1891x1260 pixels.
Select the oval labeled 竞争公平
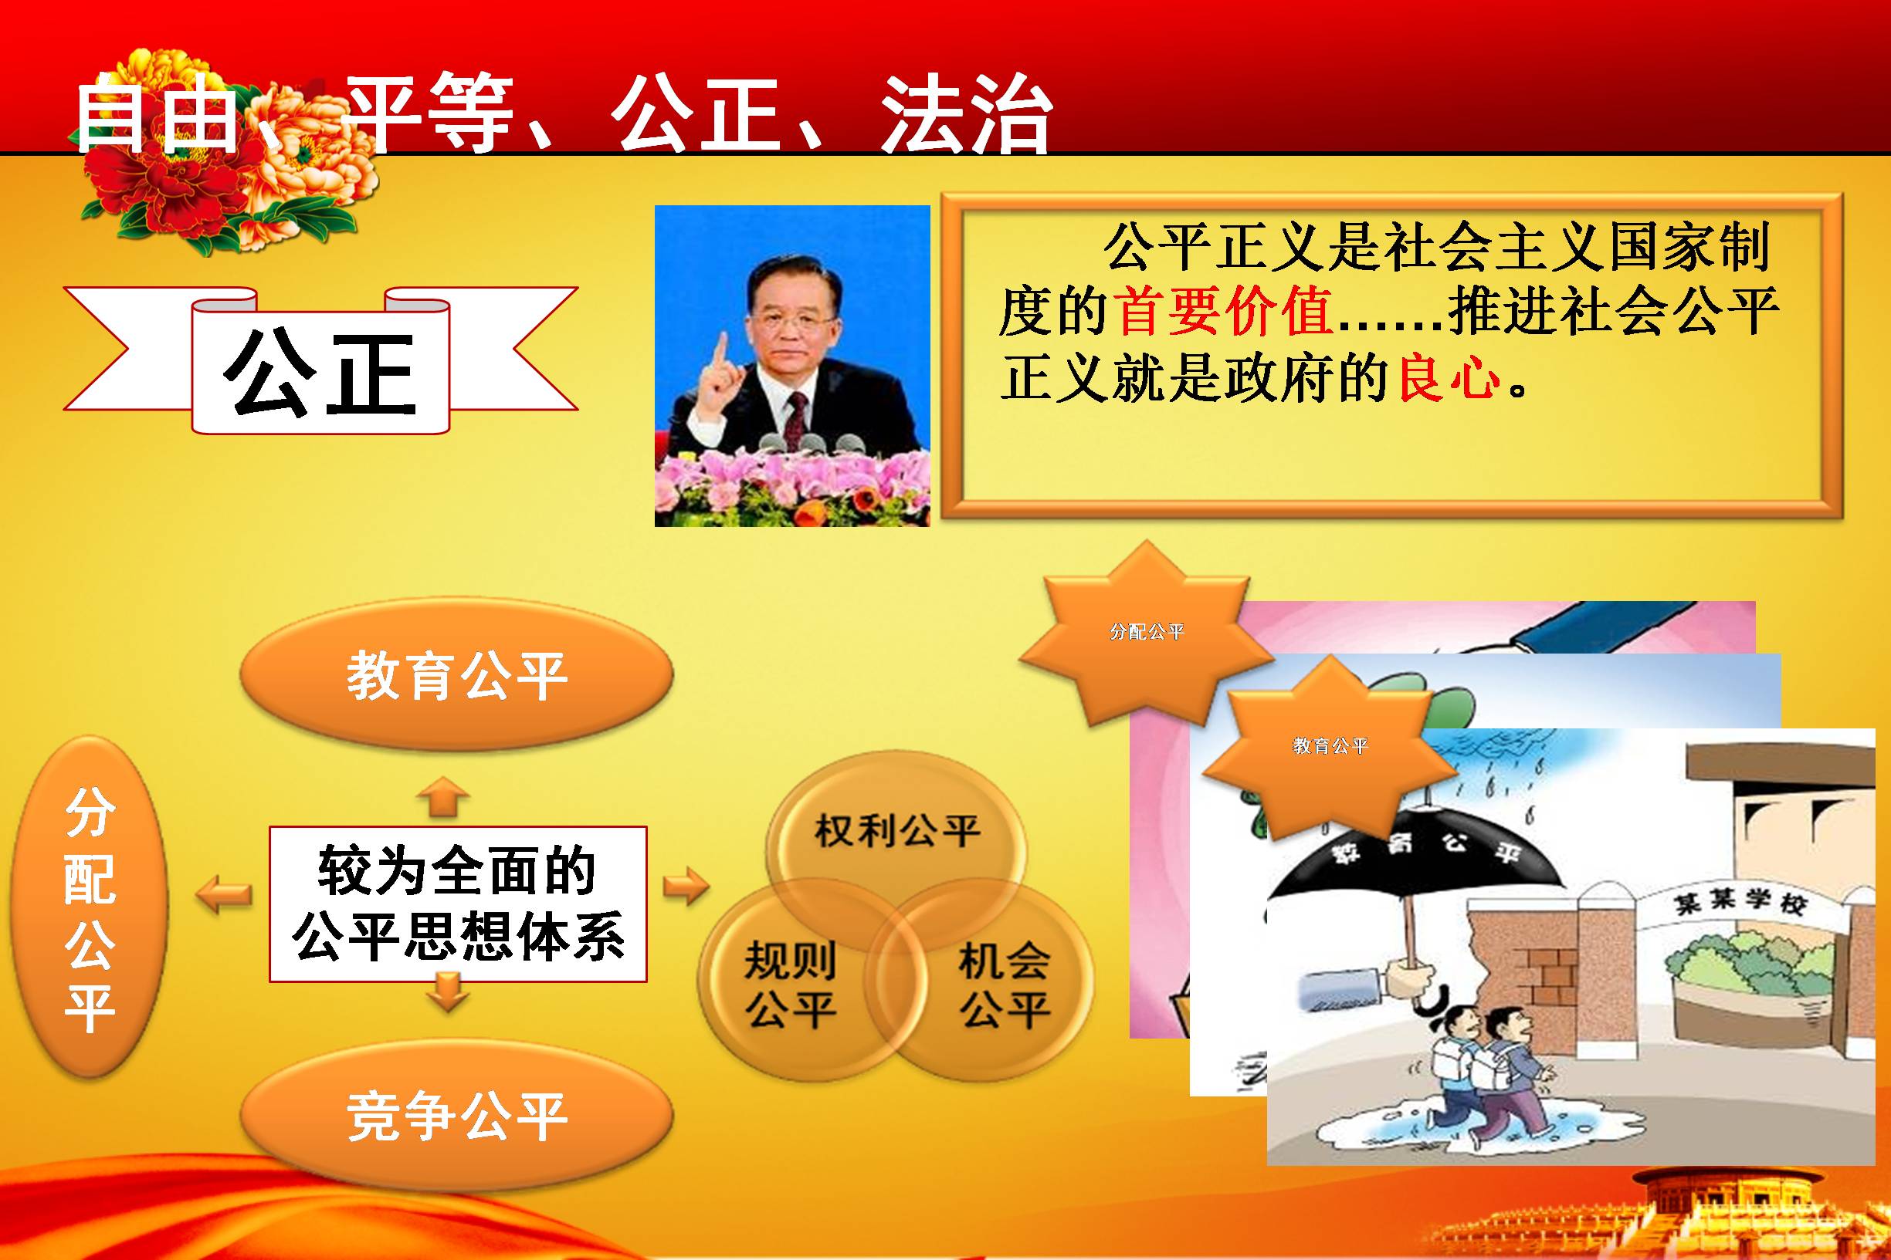pos(456,1116)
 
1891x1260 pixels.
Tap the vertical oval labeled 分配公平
pos(90,906)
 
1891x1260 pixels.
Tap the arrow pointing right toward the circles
pos(685,887)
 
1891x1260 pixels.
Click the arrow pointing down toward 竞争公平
pos(447,991)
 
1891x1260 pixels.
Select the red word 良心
pos(1449,376)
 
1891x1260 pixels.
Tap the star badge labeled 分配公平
pos(1147,633)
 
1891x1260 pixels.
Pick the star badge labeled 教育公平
pos(1330,745)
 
